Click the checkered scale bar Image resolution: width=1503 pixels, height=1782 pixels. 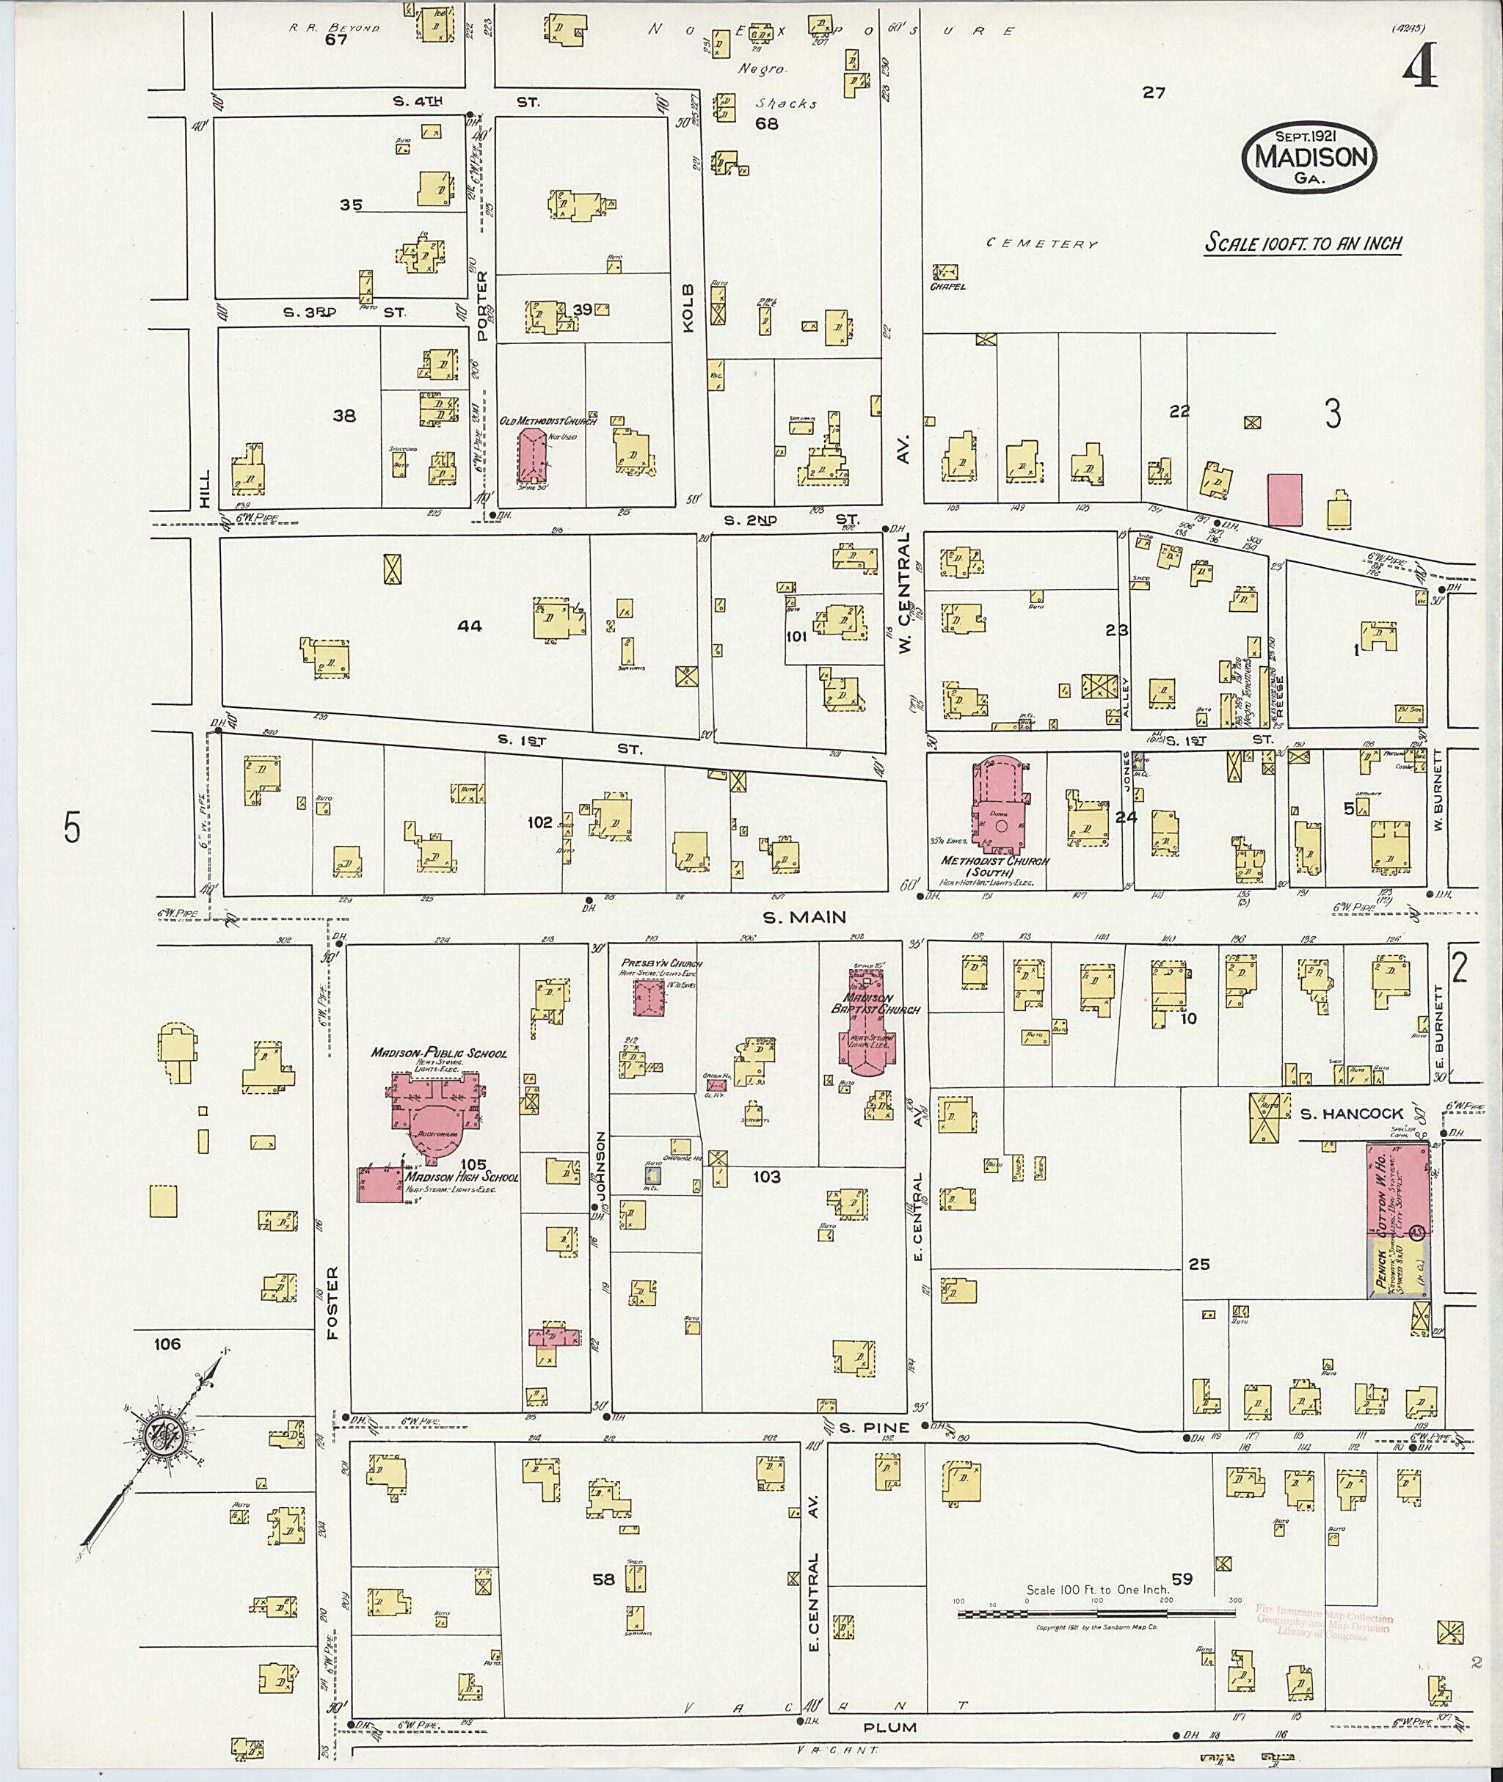pyautogui.click(x=1096, y=1613)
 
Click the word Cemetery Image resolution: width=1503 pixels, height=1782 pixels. pyautogui.click(x=1042, y=244)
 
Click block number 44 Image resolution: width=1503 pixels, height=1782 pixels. pyautogui.click(x=469, y=626)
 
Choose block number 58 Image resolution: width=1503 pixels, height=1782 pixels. pyautogui.click(x=603, y=1580)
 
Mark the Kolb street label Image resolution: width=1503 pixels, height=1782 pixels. pyautogui.click(x=688, y=308)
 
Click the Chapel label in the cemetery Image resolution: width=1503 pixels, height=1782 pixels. pyautogui.click(x=947, y=286)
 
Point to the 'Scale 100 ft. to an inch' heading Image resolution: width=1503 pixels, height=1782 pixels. pyautogui.click(x=1303, y=244)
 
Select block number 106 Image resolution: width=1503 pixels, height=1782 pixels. pyautogui.click(x=167, y=1344)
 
